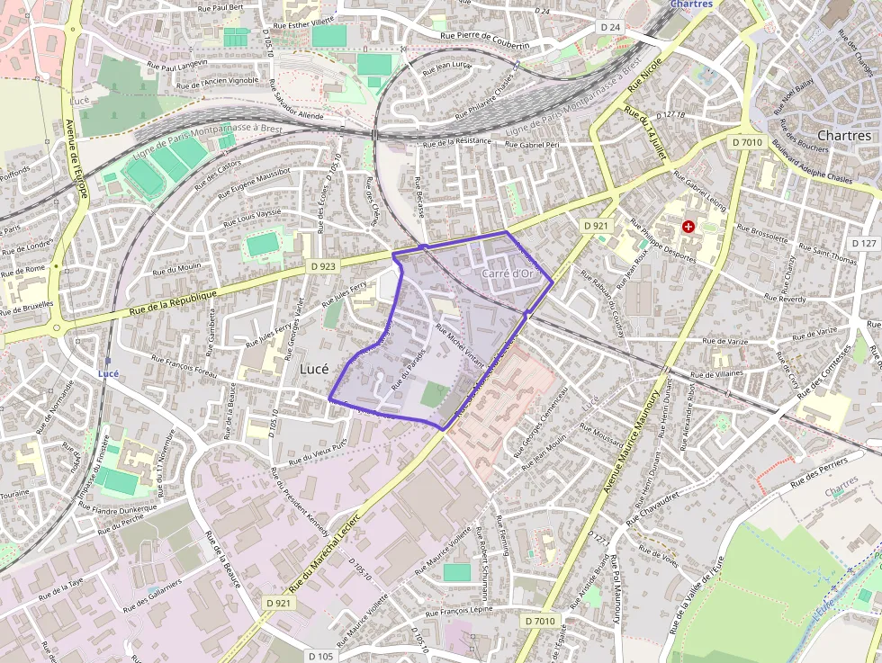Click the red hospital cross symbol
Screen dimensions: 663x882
(688, 228)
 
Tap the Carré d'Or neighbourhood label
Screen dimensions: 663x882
(509, 273)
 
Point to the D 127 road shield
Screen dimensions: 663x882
(863, 244)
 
